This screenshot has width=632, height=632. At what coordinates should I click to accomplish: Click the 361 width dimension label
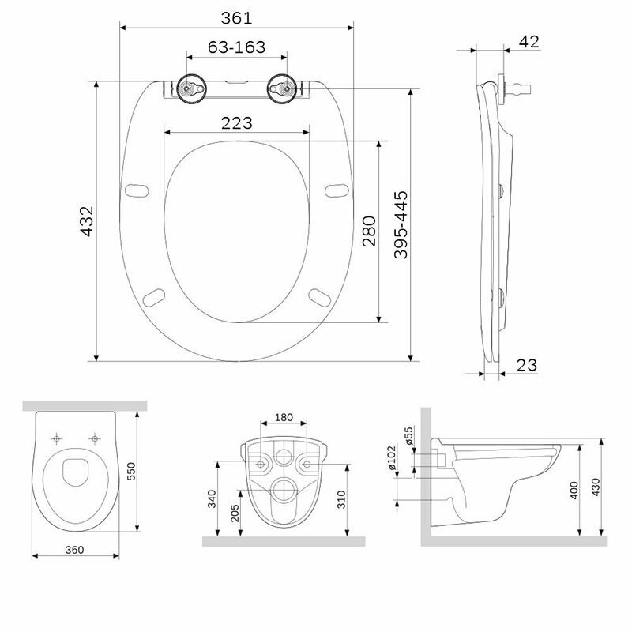click(x=236, y=18)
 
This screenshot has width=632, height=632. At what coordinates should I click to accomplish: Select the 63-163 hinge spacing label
click(x=236, y=47)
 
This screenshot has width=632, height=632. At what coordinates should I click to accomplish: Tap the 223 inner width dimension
click(x=236, y=123)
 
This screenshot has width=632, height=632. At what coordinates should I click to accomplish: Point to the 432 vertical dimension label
click(x=87, y=221)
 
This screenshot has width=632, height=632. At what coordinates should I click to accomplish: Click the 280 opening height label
click(x=369, y=231)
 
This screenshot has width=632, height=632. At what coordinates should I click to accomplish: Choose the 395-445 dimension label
click(x=401, y=225)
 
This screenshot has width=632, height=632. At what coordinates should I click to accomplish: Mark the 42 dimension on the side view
click(x=529, y=42)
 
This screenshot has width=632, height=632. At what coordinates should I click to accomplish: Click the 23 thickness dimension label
click(x=527, y=365)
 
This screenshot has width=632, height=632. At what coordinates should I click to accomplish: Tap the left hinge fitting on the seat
click(x=192, y=88)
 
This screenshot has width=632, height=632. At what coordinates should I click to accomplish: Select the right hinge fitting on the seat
click(x=282, y=88)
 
